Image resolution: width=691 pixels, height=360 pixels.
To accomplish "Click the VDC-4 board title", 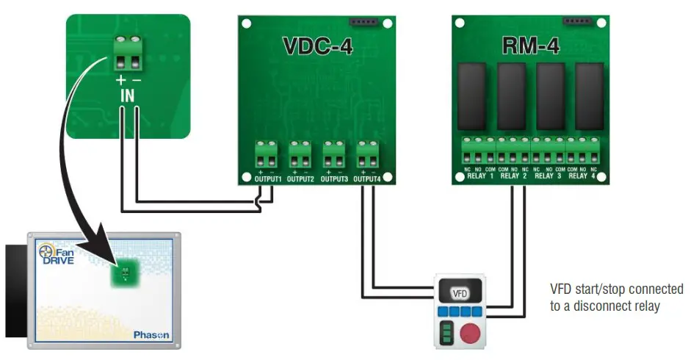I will point(317,48).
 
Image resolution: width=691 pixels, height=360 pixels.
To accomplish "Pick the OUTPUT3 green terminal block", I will point(333,155).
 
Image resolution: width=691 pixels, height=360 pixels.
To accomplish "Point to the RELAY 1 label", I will point(479,176).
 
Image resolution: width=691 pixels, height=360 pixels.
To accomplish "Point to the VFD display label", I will point(460,294).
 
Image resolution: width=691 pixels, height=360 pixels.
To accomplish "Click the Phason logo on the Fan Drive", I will point(151,334).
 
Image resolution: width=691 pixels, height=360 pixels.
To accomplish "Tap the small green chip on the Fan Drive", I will point(123,275).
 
